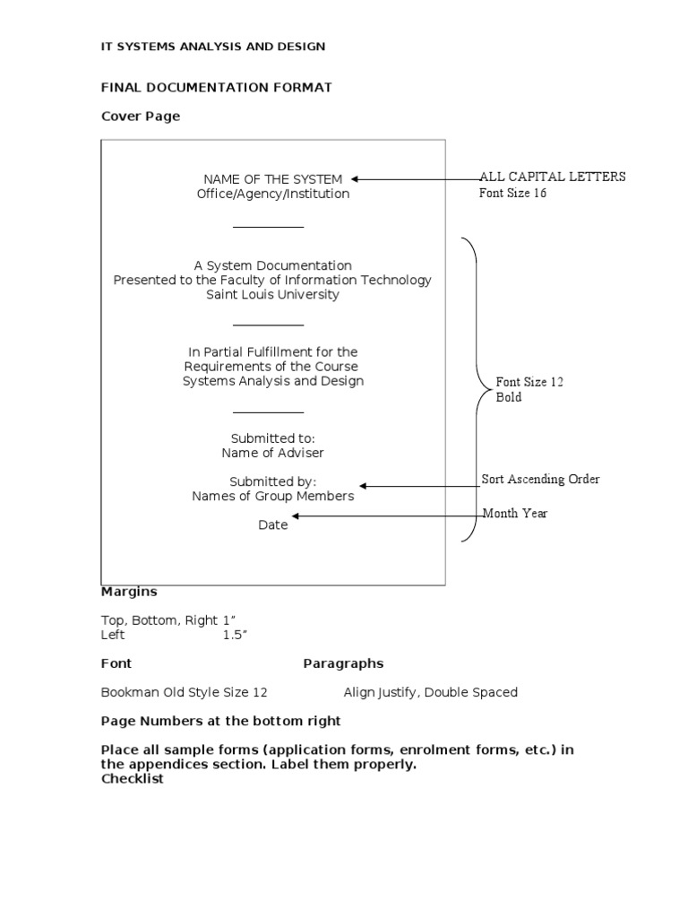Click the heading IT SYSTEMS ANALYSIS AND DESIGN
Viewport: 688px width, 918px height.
pyautogui.click(x=212, y=47)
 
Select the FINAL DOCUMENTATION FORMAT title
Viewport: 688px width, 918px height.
pyautogui.click(x=216, y=87)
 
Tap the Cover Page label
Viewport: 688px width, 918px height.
pyautogui.click(x=140, y=116)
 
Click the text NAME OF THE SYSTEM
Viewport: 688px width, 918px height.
pyautogui.click(x=272, y=179)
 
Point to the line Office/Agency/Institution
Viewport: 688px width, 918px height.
pyautogui.click(x=272, y=194)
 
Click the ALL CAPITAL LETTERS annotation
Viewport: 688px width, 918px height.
pyautogui.click(x=553, y=177)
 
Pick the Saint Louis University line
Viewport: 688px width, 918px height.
pyautogui.click(x=272, y=294)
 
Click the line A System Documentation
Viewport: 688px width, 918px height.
pyautogui.click(x=272, y=265)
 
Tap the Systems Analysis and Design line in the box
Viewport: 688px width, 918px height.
pyautogui.click(x=272, y=381)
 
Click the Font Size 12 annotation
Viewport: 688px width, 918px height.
pyautogui.click(x=529, y=382)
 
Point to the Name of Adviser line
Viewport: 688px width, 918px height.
pyautogui.click(x=272, y=453)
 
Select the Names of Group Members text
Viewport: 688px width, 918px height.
pyautogui.click(x=272, y=496)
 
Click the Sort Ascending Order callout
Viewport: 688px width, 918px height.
pyautogui.click(x=540, y=479)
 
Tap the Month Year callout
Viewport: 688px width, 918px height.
pyautogui.click(x=515, y=514)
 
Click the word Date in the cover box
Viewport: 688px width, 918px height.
pyautogui.click(x=272, y=525)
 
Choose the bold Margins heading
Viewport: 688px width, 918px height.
pyautogui.click(x=129, y=592)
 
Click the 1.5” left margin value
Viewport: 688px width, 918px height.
pyautogui.click(x=235, y=635)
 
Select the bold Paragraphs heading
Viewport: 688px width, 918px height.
pyautogui.click(x=343, y=663)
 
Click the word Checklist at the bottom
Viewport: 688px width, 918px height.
pyautogui.click(x=133, y=779)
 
